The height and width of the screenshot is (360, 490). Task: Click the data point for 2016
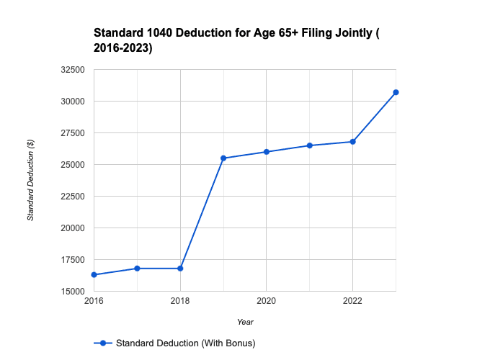coord(94,275)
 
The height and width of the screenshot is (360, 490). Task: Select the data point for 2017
coord(137,269)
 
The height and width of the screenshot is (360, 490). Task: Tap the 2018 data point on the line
coord(180,269)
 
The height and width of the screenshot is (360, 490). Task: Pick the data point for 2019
coord(223,158)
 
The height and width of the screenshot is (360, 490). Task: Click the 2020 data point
coord(267,152)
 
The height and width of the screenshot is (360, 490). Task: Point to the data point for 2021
coord(310,145)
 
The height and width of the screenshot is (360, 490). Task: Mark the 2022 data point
coord(353,142)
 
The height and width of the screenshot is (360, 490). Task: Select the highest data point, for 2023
coord(396,92)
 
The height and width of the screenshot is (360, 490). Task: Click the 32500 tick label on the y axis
coord(73,70)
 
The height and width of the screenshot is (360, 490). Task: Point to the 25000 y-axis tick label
coord(73,165)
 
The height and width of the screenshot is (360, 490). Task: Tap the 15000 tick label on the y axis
coord(73,292)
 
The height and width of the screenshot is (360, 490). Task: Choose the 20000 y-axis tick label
coord(73,228)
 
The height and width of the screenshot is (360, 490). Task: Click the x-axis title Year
coord(245,322)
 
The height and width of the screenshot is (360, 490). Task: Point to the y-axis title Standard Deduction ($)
coord(31,180)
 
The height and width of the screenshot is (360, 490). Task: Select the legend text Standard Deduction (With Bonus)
coord(185,343)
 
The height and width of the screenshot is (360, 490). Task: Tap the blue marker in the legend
coord(103,343)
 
